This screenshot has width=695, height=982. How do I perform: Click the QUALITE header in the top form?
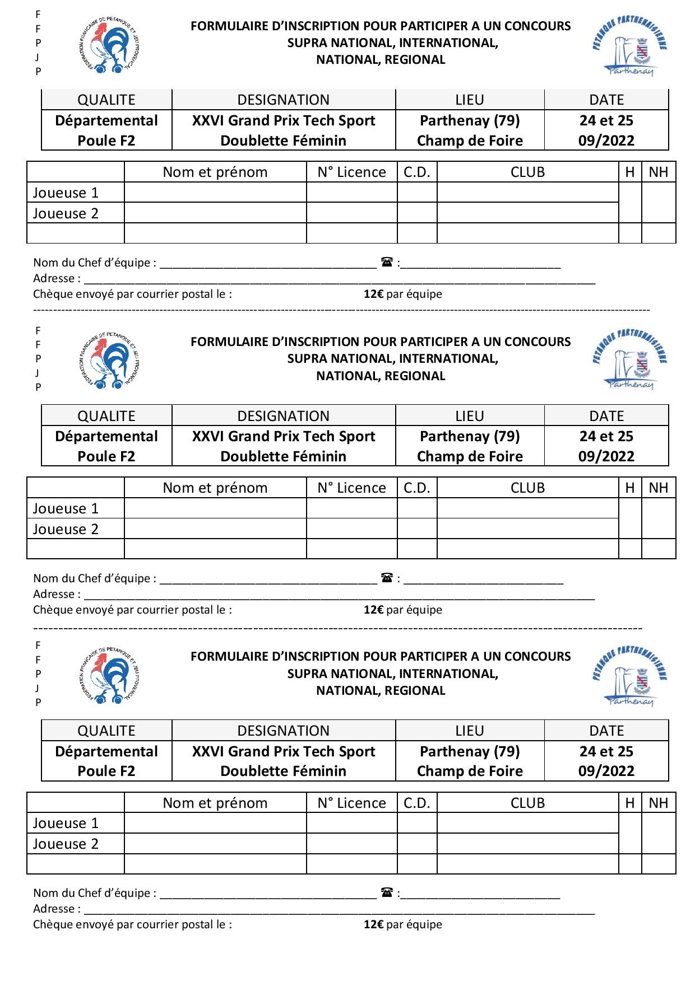(x=106, y=100)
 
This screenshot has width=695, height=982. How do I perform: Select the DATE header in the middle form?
(x=606, y=416)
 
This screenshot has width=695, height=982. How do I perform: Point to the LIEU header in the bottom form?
(x=470, y=731)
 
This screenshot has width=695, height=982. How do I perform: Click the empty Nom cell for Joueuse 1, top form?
(x=215, y=193)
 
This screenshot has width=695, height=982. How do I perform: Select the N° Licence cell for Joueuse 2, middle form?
(x=351, y=529)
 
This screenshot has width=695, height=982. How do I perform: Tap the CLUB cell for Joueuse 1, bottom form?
(x=527, y=823)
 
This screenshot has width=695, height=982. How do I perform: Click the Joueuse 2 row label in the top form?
(x=66, y=213)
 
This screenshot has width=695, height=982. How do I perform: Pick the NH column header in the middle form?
(x=658, y=488)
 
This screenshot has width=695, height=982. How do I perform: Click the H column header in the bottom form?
(x=630, y=803)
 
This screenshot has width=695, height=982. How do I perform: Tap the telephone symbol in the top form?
(x=387, y=261)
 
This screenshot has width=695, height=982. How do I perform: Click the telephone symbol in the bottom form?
(x=387, y=892)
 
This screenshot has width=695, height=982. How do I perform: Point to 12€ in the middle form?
(x=373, y=610)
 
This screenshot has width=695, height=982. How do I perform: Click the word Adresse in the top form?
(x=53, y=278)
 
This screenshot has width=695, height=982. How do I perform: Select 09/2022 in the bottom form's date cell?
(x=606, y=771)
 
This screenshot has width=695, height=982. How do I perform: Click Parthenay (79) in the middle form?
(x=470, y=436)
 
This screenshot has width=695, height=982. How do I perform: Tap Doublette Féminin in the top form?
(x=283, y=141)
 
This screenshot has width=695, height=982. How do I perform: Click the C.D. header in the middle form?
(x=416, y=488)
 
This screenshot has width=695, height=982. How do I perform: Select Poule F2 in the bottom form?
(x=106, y=771)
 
